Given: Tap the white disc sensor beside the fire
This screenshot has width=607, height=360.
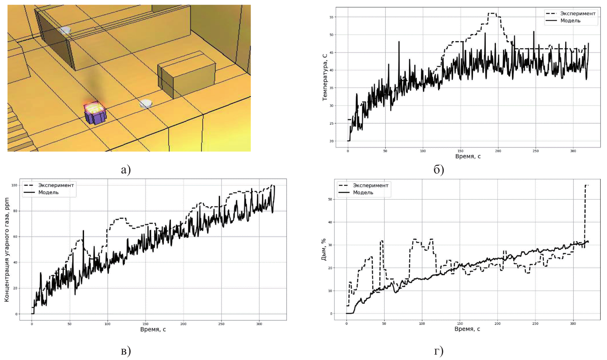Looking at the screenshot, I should [x=145, y=104].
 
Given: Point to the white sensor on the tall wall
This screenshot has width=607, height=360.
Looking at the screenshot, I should [x=65, y=30].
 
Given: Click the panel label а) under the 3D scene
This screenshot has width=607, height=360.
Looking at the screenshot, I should [x=126, y=170].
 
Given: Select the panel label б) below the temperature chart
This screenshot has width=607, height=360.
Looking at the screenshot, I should [x=439, y=170].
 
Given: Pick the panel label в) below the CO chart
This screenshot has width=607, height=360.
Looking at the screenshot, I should [x=126, y=351].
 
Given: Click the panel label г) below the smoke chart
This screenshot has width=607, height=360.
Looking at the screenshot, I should [x=439, y=351].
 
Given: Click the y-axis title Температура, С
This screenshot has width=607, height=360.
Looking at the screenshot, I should [x=325, y=77].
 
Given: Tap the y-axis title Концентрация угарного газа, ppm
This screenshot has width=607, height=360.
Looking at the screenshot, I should [x=7, y=249].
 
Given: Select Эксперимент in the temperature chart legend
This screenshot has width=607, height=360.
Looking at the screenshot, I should [x=578, y=13].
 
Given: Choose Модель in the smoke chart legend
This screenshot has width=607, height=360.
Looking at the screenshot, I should [x=363, y=192].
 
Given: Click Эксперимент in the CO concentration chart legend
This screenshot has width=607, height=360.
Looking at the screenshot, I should [x=56, y=185].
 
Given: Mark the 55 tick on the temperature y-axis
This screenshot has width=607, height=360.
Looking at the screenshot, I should [x=331, y=17].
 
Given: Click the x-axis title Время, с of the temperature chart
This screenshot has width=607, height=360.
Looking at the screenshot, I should [x=468, y=156].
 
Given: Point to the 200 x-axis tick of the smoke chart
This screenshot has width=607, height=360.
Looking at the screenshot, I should [x=497, y=323].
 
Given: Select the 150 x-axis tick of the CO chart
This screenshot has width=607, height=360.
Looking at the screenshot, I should [x=145, y=324].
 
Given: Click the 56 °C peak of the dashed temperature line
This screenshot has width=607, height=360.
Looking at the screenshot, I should [x=492, y=13].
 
